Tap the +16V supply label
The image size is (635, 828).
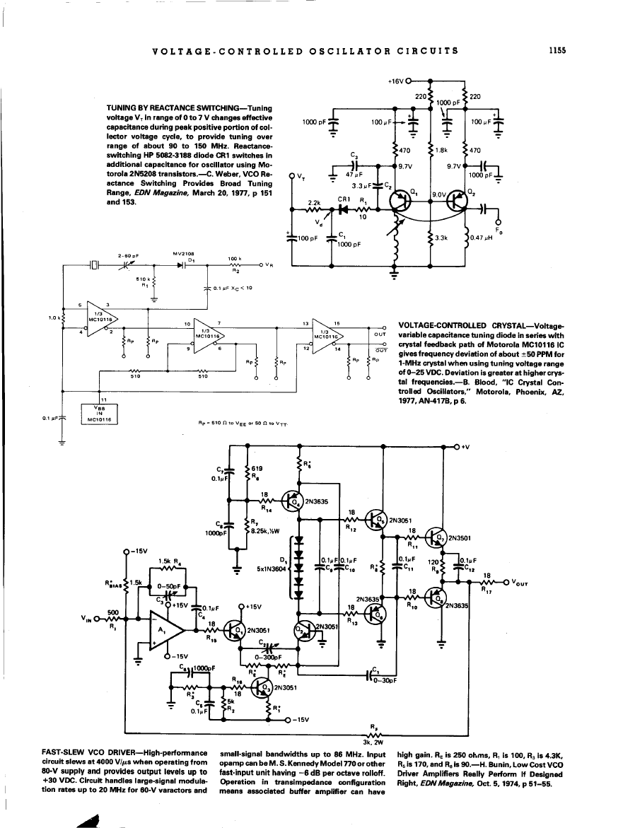[396, 81]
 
